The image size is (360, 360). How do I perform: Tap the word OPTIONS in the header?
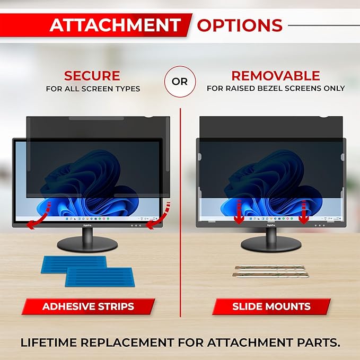pyautogui.click(x=240, y=25)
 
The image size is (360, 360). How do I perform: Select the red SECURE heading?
pyautogui.click(x=92, y=75)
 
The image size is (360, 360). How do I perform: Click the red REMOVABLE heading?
pyautogui.click(x=276, y=75)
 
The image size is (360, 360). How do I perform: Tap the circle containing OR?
pyautogui.click(x=180, y=81)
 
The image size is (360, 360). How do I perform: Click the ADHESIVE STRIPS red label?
pyautogui.click(x=88, y=306)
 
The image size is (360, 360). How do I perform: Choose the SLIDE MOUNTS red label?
pyautogui.click(x=271, y=306)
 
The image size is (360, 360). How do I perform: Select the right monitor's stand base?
pyautogui.click(x=270, y=244)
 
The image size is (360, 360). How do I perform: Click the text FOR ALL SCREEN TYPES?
pyautogui.click(x=93, y=89)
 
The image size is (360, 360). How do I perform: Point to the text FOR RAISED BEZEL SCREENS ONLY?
pyautogui.click(x=276, y=89)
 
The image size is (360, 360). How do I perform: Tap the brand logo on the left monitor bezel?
pyautogui.click(x=86, y=225)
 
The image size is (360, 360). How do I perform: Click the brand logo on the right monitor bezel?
pyautogui.click(x=270, y=225)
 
